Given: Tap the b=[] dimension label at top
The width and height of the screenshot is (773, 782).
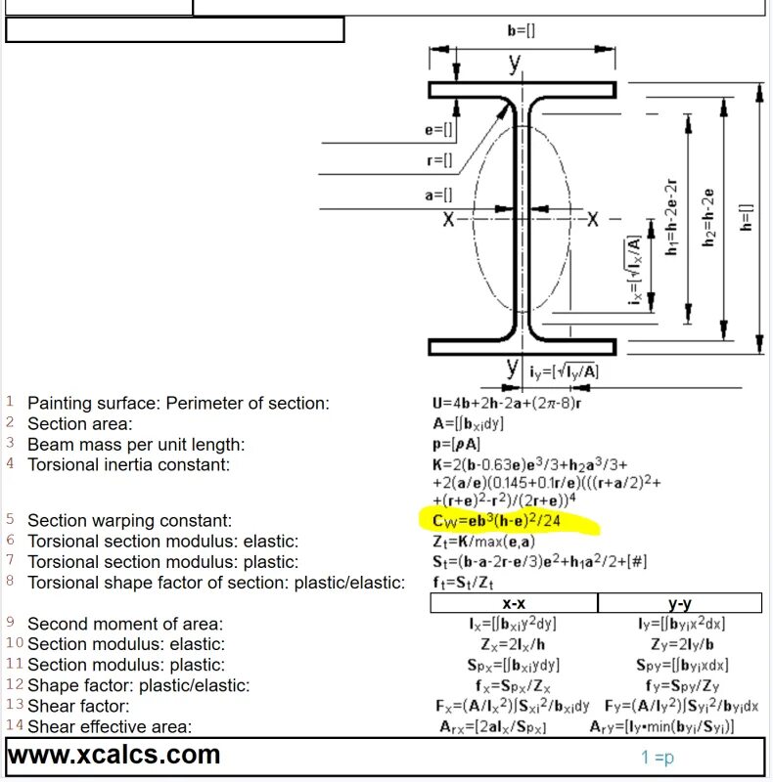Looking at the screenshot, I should point(521,30).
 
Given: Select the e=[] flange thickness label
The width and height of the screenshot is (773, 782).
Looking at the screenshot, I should point(439,129).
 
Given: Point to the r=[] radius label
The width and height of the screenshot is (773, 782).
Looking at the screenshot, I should point(439,160).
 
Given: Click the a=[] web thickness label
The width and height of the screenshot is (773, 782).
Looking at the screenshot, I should point(439,195).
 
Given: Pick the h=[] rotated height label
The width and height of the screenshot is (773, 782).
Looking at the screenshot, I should point(747,217).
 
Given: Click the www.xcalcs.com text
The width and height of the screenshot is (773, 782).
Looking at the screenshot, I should point(114,755).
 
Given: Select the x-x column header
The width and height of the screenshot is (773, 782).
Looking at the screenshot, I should point(513,604).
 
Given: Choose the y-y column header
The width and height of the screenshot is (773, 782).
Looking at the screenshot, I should point(680,604).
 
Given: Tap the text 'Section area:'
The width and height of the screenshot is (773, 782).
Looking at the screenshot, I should point(79,424).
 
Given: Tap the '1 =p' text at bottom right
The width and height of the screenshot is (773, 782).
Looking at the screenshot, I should point(658,757).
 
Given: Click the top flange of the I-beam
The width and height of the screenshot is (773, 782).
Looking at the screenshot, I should point(522,90).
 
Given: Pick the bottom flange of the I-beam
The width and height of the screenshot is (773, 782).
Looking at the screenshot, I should point(522,346).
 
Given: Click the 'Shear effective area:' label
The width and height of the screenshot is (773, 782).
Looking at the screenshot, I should point(110,726).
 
